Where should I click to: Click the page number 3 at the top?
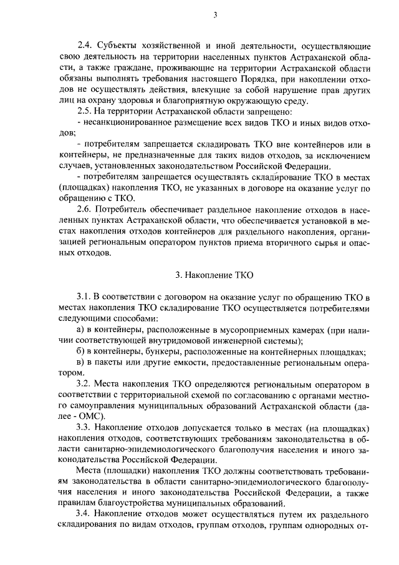pyautogui.click(x=214, y=16)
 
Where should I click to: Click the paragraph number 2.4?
pyautogui.click(x=84, y=47)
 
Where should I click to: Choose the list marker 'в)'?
pyautogui.click(x=80, y=362)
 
